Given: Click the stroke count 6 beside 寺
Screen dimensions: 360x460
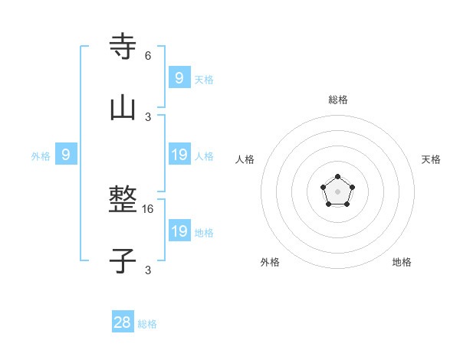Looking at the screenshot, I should coord(148,56).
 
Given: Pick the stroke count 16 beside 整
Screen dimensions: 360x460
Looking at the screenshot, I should coord(149,208).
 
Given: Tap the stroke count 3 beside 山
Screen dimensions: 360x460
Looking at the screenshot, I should coord(148,117).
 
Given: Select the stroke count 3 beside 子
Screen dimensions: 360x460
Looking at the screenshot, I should coord(148,270).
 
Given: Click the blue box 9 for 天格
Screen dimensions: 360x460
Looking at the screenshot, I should coord(179,78).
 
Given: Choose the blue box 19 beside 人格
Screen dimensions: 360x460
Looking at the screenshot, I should coord(179,155).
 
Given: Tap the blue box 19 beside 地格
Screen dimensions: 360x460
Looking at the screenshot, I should coord(179,231).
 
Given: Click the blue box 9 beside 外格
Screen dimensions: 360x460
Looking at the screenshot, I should coord(66,155).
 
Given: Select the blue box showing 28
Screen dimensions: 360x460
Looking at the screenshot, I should coord(123,322).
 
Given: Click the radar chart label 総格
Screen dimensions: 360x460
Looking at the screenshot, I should coord(337,100).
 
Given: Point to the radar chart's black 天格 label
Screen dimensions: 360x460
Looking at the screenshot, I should coord(431,159).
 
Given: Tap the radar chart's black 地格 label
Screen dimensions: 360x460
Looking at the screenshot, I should coord(402,262).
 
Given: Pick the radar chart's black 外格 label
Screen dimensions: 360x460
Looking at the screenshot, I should coord(270,262).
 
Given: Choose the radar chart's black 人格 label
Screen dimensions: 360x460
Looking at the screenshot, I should coord(245,159).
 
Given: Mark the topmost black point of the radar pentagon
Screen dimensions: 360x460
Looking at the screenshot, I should coord(337,177).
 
